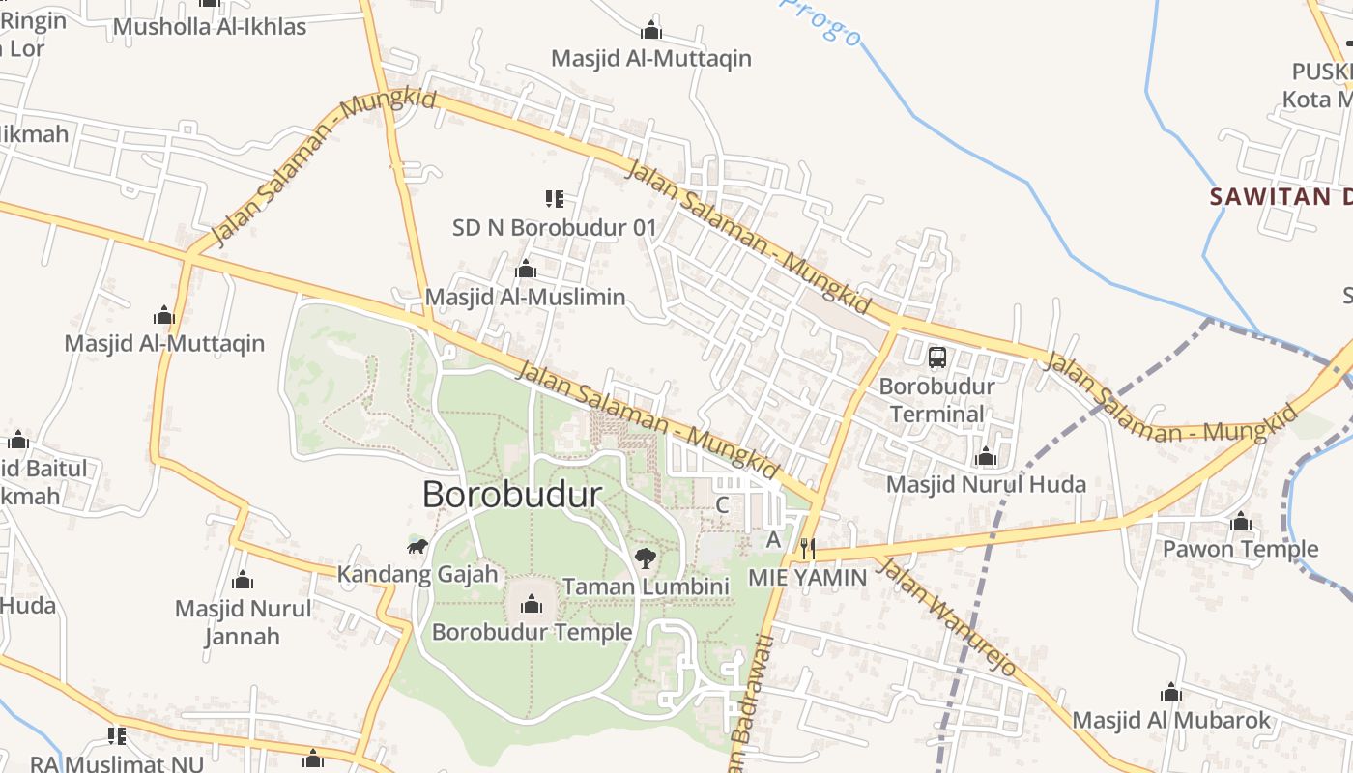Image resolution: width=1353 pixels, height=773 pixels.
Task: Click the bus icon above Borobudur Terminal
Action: [x=936, y=358]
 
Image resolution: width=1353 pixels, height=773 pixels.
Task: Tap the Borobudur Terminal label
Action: [x=936, y=400]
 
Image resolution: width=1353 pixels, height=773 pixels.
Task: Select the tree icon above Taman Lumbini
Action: [x=646, y=558]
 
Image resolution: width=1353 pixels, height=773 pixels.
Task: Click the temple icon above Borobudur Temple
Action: [x=531, y=605]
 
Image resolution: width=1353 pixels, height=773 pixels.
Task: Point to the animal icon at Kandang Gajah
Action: [x=417, y=548]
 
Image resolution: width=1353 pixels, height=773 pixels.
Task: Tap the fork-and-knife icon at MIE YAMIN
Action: [x=808, y=549]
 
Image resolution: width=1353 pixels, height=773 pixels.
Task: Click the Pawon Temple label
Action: [x=1240, y=549]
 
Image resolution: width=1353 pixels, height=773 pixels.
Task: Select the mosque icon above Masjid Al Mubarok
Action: [x=1171, y=692]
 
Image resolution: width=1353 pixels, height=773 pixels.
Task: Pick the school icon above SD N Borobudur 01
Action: [x=554, y=199]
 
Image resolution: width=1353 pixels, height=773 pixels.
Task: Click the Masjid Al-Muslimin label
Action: [x=526, y=297]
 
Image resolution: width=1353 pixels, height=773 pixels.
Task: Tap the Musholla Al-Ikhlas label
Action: [x=210, y=26]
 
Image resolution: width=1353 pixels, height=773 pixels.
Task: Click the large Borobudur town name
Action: [x=512, y=495]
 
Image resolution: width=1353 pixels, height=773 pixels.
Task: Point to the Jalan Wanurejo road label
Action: [x=949, y=618]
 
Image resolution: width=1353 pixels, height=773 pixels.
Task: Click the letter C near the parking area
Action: [x=722, y=504]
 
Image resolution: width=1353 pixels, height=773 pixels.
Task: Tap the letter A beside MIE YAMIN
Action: [x=773, y=539]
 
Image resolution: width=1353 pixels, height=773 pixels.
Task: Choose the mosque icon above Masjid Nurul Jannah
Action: [x=243, y=581]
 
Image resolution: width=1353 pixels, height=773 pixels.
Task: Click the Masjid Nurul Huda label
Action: [x=986, y=484]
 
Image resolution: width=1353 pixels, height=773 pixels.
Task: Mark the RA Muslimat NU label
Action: [x=117, y=763]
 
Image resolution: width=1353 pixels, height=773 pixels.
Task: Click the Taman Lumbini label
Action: [x=646, y=587]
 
